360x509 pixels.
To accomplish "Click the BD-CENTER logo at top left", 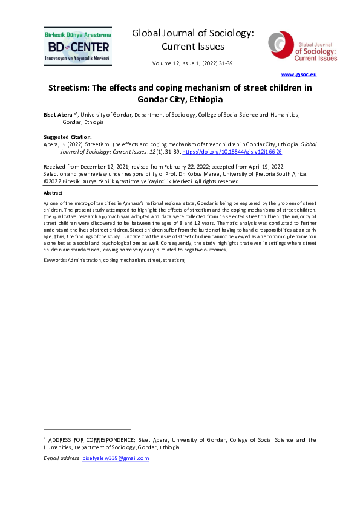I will tap(77, 45).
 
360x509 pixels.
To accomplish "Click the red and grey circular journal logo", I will tap(279, 46).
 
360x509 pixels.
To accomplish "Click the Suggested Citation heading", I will tap(67, 137).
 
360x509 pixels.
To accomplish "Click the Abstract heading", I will tap(55, 193).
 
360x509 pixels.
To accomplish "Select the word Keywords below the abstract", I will tap(55, 259).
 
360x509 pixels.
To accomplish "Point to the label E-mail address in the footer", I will tap(62, 459).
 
